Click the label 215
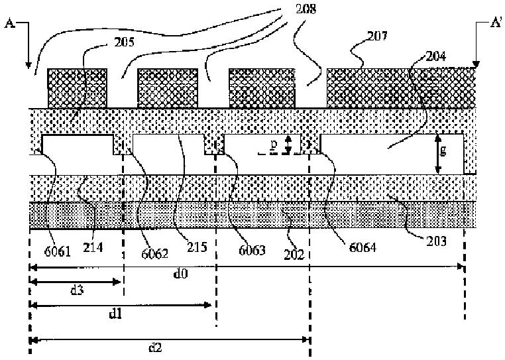click(197, 246)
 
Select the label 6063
click(252, 251)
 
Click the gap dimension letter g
click(443, 150)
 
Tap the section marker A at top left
click(10, 26)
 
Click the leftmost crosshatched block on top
click(77, 88)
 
